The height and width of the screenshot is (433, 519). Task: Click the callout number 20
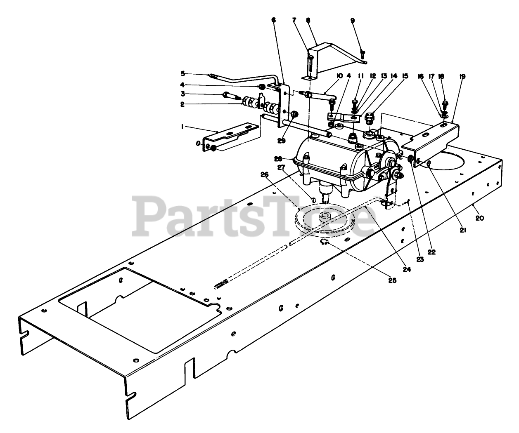pyautogui.click(x=479, y=218)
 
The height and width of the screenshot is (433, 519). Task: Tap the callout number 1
pyautogui.click(x=182, y=127)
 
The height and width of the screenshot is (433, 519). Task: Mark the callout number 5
pyautogui.click(x=182, y=74)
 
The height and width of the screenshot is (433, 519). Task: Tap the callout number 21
pyautogui.click(x=462, y=231)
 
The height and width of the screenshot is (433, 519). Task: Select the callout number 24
pyautogui.click(x=407, y=269)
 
